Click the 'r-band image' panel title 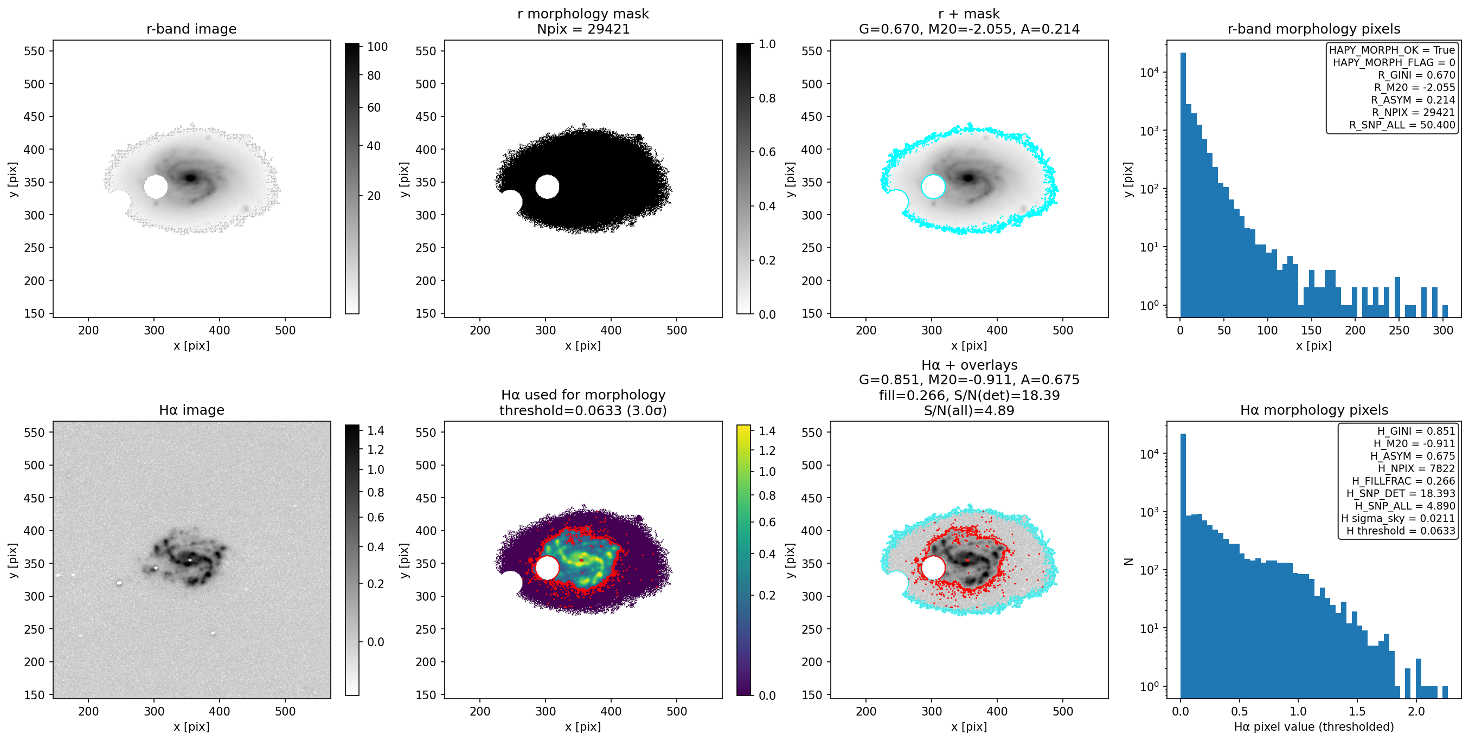coord(191,29)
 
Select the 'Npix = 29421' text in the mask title coord(583,29)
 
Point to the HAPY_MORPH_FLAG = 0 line coord(1394,62)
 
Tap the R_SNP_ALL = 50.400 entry coord(1402,125)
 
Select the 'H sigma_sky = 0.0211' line coord(1398,519)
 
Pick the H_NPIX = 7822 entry coord(1416,468)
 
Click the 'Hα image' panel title coord(191,410)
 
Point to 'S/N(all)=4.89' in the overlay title coord(969,410)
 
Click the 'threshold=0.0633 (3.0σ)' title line coord(583,410)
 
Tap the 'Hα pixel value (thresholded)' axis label coord(1313,727)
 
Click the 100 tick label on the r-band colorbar coord(377,47)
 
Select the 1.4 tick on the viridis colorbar coord(767,431)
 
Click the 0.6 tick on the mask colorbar coord(767,152)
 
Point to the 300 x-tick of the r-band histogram coord(1443,330)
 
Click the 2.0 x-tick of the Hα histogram coord(1416,711)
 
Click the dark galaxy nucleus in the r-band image coord(190,178)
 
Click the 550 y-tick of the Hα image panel coord(34,433)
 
